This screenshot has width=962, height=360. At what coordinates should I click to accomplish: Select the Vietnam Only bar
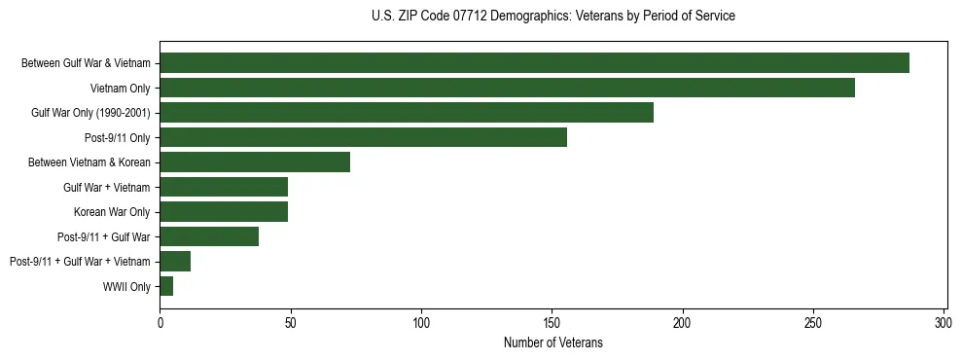click(507, 88)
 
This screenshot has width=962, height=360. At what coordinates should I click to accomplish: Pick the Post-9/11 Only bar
click(363, 137)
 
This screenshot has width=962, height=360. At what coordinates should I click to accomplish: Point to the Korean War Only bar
click(224, 212)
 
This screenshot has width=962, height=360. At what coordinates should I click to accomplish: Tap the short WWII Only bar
click(166, 286)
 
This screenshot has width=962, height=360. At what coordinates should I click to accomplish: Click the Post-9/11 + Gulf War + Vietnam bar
click(175, 262)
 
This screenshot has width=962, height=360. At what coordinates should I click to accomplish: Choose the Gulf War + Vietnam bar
click(224, 187)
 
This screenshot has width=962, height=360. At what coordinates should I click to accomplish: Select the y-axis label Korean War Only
click(113, 212)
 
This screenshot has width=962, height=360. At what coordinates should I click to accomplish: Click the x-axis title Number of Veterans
click(552, 342)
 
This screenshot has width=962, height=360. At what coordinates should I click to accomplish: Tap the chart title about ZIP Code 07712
click(552, 17)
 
